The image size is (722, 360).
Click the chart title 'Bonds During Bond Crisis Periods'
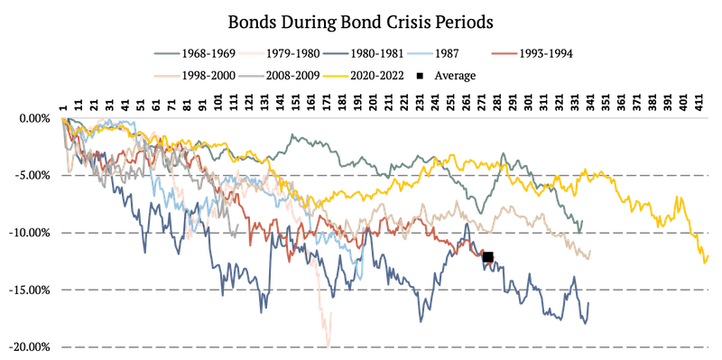tap(360, 23)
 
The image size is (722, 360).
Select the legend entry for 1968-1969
tap(194, 53)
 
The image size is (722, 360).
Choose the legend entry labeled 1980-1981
tap(363, 53)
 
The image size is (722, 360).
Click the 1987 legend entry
tap(432, 53)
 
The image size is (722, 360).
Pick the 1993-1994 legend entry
tap(532, 53)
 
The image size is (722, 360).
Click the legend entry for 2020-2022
tap(363, 75)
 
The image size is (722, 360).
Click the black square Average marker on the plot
tap(487, 257)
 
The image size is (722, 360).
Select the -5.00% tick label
tap(33, 175)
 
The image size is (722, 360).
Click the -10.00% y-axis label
tap(31, 233)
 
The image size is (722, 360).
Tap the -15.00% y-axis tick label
tap(31, 290)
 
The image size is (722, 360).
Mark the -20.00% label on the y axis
tap(31, 346)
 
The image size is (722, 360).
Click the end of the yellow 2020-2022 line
tap(708, 256)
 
